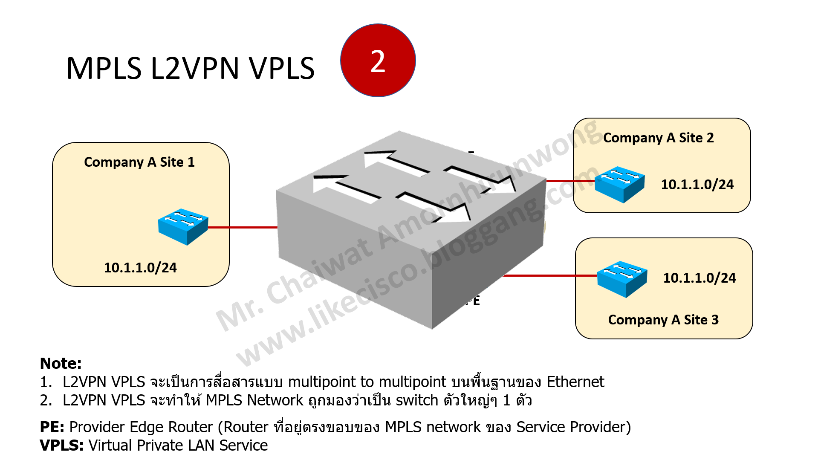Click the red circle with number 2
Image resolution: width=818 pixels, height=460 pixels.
click(378, 61)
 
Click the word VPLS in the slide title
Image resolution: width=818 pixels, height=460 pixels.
click(282, 69)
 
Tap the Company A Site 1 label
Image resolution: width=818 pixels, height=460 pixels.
click(139, 162)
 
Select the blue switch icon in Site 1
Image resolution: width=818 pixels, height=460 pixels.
click(183, 226)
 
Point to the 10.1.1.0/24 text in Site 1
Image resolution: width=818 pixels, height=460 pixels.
click(140, 268)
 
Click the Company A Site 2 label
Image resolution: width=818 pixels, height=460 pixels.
click(658, 138)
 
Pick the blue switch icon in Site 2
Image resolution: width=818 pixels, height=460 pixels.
click(619, 184)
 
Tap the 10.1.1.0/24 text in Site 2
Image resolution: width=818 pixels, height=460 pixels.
click(697, 185)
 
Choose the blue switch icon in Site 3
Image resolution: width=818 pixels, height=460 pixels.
click(622, 278)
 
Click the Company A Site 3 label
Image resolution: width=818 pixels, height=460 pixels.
click(663, 320)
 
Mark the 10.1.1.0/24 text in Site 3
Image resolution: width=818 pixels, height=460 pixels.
click(699, 278)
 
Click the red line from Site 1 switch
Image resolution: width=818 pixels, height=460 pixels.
click(243, 228)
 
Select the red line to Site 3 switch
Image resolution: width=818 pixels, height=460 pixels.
click(550, 276)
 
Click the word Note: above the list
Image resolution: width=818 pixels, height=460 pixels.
click(61, 364)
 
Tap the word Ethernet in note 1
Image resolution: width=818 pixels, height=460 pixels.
click(575, 382)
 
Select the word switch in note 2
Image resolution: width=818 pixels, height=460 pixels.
click(417, 401)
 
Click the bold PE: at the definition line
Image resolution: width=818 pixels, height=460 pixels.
click(52, 427)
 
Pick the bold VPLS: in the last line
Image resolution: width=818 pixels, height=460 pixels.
click(61, 446)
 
